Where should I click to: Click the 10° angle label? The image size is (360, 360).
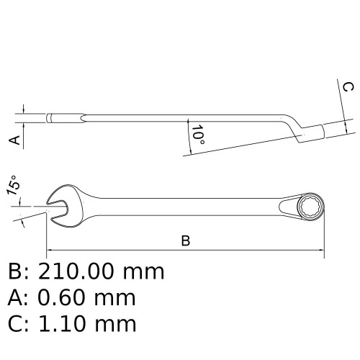pos(198,135)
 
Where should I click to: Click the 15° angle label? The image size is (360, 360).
pos(13,185)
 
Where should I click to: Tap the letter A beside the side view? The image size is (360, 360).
pos(15,140)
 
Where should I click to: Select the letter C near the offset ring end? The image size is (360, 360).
pos(348,87)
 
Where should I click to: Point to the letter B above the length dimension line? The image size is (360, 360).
pos(186,240)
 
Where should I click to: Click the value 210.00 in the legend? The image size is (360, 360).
pos(76,271)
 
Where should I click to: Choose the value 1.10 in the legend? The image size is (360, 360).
pos(62,323)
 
